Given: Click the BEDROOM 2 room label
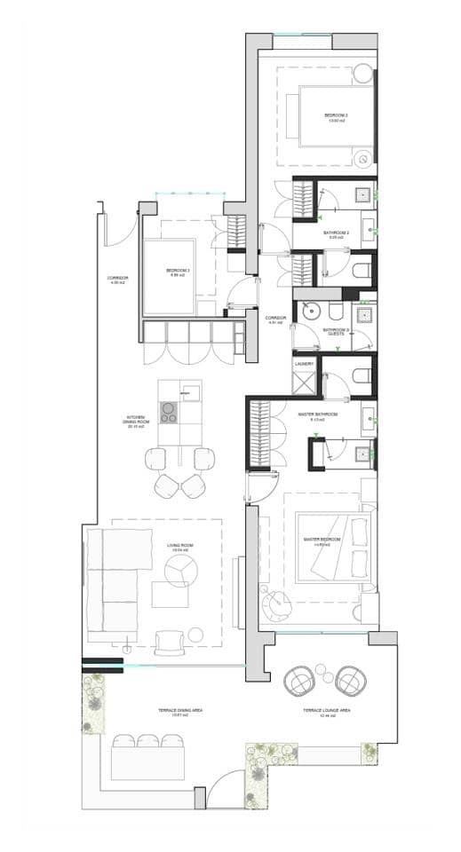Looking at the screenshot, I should click(x=335, y=116).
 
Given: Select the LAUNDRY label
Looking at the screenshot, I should click(x=304, y=362).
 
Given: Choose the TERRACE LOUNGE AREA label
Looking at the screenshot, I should click(x=326, y=711).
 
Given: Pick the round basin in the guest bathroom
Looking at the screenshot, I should click(x=311, y=312).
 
